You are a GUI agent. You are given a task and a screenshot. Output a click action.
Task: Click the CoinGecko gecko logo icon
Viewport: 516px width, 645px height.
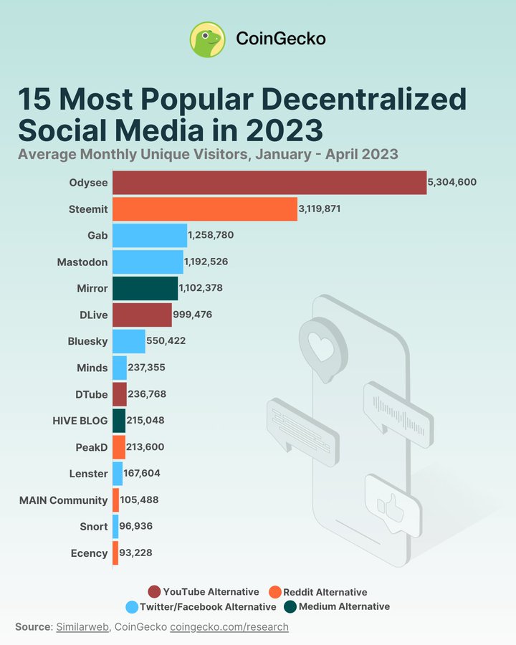(207, 39)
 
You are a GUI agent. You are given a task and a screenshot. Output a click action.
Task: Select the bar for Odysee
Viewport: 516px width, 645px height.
(269, 183)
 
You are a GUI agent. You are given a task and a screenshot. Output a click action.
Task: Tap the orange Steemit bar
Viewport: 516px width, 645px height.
(204, 209)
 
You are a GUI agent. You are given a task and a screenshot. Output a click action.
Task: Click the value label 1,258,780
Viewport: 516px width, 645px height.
(211, 235)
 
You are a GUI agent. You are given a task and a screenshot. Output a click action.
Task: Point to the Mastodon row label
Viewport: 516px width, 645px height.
(82, 262)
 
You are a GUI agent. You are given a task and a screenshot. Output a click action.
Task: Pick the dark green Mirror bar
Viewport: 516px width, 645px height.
(145, 288)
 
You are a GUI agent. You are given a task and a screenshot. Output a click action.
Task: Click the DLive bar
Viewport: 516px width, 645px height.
(142, 315)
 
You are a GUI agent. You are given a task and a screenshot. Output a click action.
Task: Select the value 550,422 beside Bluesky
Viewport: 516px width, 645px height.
(166, 341)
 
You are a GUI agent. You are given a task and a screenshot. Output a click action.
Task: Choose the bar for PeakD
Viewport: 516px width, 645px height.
(119, 446)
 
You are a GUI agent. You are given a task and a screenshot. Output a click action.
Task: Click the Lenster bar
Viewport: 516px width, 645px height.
(118, 473)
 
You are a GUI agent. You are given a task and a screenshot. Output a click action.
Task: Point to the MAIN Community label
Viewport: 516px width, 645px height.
(63, 500)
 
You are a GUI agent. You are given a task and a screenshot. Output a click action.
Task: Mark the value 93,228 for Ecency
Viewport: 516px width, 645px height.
(135, 553)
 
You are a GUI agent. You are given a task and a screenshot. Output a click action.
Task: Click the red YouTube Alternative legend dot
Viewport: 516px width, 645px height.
(154, 592)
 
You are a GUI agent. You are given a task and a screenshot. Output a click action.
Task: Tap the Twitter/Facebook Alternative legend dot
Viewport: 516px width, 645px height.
(132, 607)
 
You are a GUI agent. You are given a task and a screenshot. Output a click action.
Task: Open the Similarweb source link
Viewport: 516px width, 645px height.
(82, 627)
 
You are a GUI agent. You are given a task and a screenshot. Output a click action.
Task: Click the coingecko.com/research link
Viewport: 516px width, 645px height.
(229, 627)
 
